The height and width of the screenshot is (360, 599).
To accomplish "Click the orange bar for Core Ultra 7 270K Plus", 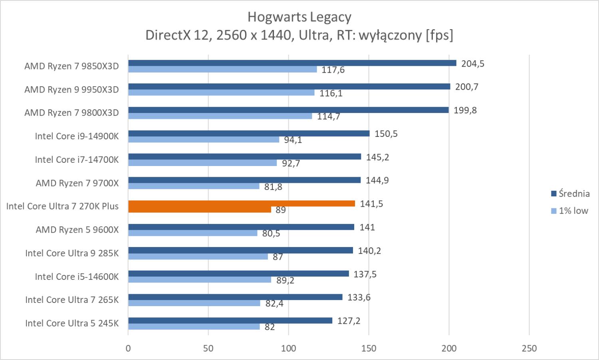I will tap(242, 204).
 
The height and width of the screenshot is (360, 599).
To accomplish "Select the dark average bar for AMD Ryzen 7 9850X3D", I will tap(292, 63).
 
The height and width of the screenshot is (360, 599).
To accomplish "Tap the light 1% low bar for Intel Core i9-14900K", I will tap(204, 140).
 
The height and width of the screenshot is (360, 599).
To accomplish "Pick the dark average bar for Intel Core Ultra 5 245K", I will tap(230, 320).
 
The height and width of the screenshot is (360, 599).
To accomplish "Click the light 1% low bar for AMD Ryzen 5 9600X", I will tap(192, 233).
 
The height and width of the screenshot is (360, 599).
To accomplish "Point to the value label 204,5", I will tap(472, 64).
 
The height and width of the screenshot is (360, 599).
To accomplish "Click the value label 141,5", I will tap(371, 204).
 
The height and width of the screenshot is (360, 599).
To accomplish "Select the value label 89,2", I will tap(285, 281).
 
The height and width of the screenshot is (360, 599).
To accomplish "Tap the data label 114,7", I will tap(328, 117).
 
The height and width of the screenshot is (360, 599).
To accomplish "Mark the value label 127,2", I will tap(349, 321).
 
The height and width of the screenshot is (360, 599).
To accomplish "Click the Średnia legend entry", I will tap(570, 194).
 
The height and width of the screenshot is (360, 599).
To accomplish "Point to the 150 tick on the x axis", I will tap(369, 348).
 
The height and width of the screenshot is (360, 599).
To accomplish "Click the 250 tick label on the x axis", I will tap(529, 348).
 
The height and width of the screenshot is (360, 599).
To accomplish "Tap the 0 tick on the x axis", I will tap(128, 348).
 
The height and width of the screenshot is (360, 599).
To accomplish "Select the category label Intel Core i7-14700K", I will tap(77, 160).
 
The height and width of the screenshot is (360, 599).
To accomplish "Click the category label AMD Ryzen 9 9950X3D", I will tap(71, 89).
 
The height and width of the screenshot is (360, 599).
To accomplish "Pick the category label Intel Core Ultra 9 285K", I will tap(72, 253).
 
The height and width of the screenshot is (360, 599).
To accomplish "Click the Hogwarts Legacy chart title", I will tap(299, 17).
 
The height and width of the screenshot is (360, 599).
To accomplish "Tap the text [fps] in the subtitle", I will tap(439, 35).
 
